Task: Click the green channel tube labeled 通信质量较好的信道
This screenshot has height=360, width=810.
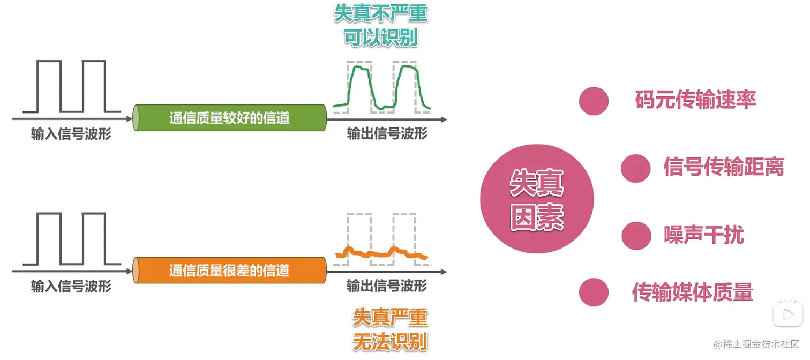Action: [x=230, y=118]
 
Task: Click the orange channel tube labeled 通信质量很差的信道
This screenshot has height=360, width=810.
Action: [x=230, y=271]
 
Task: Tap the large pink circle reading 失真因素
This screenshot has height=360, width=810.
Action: [x=536, y=199]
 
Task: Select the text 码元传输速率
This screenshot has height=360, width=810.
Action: [x=695, y=100]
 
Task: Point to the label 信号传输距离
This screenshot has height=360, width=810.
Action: [x=723, y=167]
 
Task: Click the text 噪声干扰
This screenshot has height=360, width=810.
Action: [x=704, y=234]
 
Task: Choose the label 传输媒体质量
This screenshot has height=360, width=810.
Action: [x=693, y=292]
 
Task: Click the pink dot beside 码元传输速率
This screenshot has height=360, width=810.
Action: [x=594, y=101]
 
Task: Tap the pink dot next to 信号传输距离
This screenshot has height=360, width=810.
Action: [x=635, y=168]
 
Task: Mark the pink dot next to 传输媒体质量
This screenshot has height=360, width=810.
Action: [x=594, y=292]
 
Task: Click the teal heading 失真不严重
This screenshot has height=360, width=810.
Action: [x=381, y=13]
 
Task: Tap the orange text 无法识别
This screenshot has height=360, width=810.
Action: [x=390, y=342]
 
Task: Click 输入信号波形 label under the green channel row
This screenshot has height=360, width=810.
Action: [x=71, y=134]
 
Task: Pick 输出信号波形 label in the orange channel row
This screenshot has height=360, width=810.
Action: [x=387, y=285]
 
